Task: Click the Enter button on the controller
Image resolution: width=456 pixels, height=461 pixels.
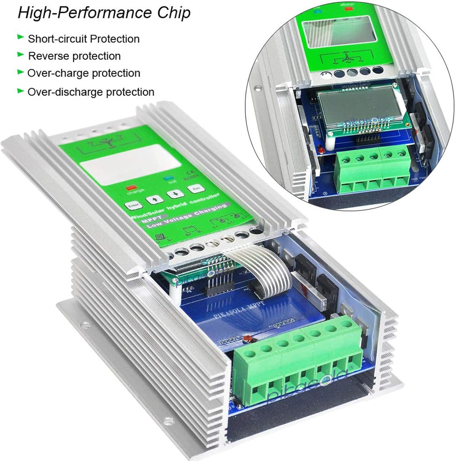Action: click(x=133, y=205)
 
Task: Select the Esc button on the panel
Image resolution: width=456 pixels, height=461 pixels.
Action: click(x=196, y=188)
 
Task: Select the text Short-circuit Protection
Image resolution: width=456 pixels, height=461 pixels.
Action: click(x=83, y=39)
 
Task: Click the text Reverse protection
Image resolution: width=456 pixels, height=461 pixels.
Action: click(x=74, y=56)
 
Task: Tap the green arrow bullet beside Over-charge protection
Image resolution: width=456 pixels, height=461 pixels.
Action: click(x=21, y=72)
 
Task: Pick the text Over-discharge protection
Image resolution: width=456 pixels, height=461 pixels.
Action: click(x=91, y=92)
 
